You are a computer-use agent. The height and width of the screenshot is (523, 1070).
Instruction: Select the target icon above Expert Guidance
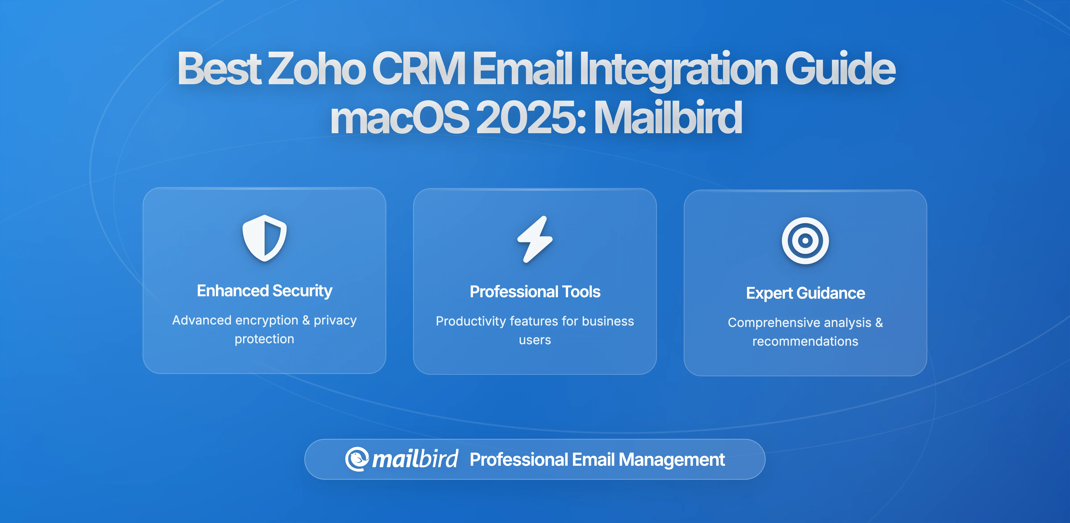[805, 241]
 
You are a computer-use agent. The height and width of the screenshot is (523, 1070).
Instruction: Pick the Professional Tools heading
[535, 292]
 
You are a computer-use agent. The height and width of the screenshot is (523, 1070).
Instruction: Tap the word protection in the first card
[265, 339]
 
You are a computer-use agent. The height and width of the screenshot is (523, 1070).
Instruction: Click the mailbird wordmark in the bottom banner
[415, 459]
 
